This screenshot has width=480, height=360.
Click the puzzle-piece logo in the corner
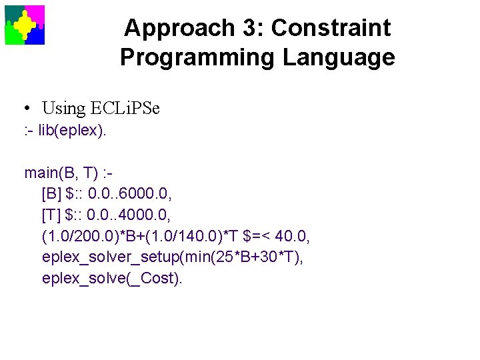point(25,25)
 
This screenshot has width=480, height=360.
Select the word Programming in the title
point(198,57)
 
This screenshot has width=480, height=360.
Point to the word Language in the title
point(339,57)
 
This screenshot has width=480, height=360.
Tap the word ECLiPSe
point(125,108)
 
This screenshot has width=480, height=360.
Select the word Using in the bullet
point(64,108)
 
